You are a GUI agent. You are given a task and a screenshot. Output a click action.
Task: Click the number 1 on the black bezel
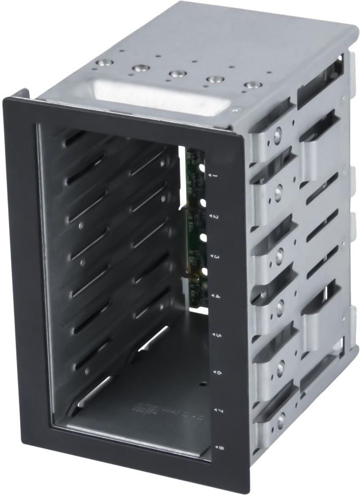(x=215, y=175)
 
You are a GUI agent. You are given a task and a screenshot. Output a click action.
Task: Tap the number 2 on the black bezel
(x=216, y=217)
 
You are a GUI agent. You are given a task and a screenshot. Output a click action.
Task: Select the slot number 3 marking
(x=216, y=257)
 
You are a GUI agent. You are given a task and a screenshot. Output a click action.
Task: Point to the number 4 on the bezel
(x=217, y=297)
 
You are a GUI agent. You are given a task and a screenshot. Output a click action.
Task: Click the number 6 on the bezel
(x=218, y=373)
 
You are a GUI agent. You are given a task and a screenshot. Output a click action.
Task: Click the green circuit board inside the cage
(x=195, y=228)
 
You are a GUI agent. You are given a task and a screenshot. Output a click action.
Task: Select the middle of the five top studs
(x=176, y=73)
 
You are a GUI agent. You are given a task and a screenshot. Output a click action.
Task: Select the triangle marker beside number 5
(x=212, y=337)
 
